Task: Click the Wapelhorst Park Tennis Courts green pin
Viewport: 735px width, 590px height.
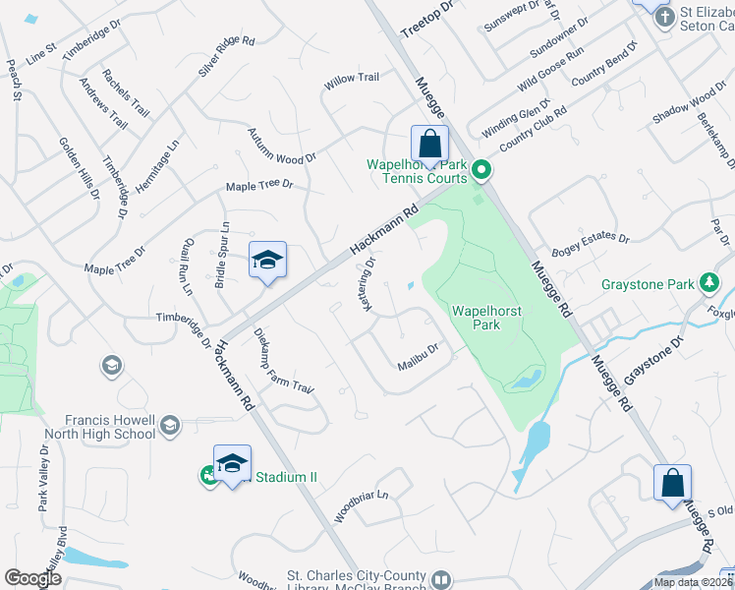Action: pyautogui.click(x=481, y=172)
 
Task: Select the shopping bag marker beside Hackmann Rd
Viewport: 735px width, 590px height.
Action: pyautogui.click(x=430, y=145)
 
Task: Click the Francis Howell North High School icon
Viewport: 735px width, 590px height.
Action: pyautogui.click(x=170, y=425)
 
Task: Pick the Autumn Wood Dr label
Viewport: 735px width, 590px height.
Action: pyautogui.click(x=280, y=145)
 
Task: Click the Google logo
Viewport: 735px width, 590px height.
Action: pyautogui.click(x=32, y=578)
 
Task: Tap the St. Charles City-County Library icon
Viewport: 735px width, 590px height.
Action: pyautogui.click(x=441, y=580)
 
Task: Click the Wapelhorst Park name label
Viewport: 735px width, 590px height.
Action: pyautogui.click(x=485, y=318)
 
